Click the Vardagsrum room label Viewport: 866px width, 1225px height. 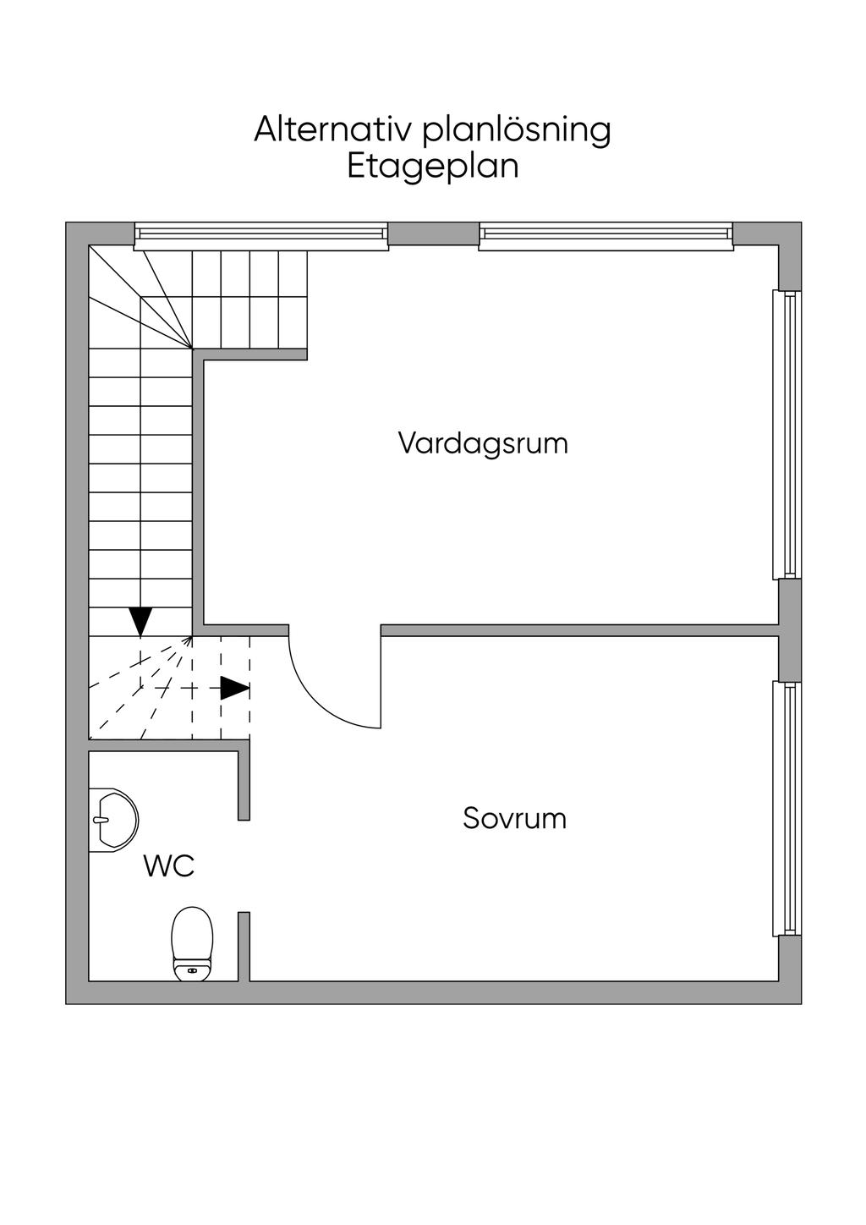[483, 443]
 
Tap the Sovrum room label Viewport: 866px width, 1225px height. [514, 819]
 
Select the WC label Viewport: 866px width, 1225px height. [169, 866]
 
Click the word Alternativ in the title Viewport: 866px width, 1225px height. [332, 129]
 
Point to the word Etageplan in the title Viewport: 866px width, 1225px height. [433, 166]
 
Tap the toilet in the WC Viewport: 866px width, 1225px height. [192, 939]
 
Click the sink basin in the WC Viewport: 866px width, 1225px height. [115, 819]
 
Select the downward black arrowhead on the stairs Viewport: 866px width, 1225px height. [140, 620]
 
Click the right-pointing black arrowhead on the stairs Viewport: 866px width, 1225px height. [234, 689]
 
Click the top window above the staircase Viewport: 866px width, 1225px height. [261, 236]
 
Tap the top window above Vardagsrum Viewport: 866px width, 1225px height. [606, 236]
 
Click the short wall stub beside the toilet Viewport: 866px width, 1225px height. [244, 946]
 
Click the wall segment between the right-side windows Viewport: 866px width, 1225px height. [789, 629]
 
